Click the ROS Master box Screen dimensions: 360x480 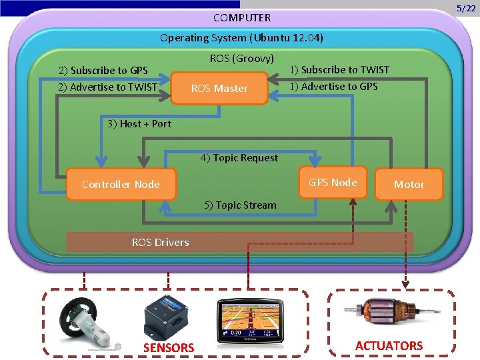click(x=219, y=88)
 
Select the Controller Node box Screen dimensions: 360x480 click(x=121, y=184)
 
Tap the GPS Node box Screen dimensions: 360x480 click(x=333, y=182)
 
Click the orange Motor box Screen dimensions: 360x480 click(x=409, y=184)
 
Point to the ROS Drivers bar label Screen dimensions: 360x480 click(x=160, y=242)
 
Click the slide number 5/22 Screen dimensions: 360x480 click(x=465, y=8)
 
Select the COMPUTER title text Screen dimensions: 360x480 click(x=242, y=17)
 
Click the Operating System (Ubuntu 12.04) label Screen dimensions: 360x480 click(x=241, y=37)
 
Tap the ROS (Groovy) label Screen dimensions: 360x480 click(x=241, y=59)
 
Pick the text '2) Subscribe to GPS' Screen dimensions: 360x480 click(x=103, y=70)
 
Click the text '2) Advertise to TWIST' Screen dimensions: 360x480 click(x=107, y=87)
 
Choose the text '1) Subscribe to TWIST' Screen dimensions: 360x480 click(x=339, y=69)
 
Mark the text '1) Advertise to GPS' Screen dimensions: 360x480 click(x=333, y=86)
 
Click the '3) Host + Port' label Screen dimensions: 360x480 click(x=139, y=123)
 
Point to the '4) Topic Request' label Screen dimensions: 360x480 click(x=239, y=157)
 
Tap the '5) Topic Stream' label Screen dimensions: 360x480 click(x=239, y=205)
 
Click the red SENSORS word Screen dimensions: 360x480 click(x=169, y=347)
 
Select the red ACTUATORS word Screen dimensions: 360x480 click(x=389, y=345)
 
